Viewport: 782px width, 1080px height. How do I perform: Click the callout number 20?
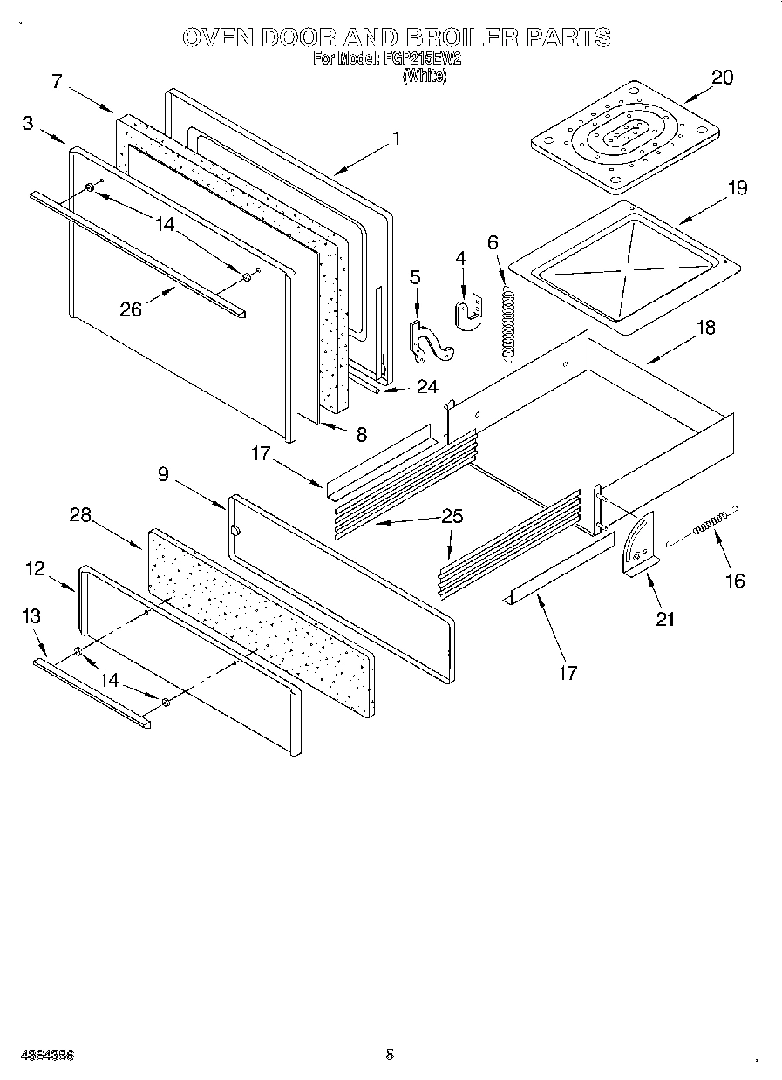[x=722, y=77]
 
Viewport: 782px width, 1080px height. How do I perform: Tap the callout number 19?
[x=738, y=187]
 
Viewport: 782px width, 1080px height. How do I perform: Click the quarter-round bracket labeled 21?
[x=639, y=546]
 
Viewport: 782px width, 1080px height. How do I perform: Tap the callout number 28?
[x=80, y=515]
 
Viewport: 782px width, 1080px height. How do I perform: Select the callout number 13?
[x=31, y=616]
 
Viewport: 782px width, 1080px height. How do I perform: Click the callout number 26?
[x=131, y=309]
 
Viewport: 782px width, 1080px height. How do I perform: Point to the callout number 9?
[x=163, y=475]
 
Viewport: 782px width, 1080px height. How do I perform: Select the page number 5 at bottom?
[x=390, y=1054]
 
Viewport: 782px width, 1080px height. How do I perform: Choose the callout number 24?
[x=426, y=387]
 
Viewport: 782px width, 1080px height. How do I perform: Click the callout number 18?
[x=705, y=327]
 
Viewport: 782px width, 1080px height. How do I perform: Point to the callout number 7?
[x=57, y=81]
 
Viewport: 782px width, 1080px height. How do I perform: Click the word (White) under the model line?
[x=424, y=77]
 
